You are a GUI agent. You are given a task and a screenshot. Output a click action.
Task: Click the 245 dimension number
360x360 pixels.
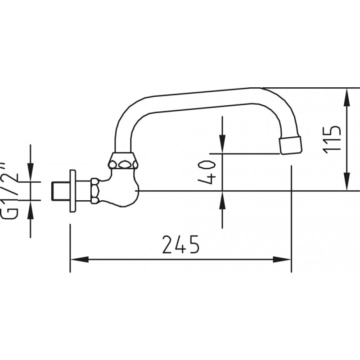181,244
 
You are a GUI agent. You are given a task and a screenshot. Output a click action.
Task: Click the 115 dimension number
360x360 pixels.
331,140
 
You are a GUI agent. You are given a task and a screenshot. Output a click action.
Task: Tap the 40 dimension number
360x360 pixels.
207,172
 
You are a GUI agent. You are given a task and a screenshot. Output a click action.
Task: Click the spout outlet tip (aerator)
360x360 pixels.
290,145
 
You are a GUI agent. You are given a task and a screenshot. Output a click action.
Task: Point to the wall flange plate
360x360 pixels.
72,191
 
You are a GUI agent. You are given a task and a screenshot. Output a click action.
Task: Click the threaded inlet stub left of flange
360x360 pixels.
60,191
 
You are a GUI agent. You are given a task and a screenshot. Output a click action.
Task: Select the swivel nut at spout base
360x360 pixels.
123,161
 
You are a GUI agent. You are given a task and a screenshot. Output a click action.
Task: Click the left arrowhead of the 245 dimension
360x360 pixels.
80,260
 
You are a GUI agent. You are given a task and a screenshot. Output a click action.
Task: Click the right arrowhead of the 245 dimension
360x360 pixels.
282,260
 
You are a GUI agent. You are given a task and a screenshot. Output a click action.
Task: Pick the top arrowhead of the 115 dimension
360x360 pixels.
347,97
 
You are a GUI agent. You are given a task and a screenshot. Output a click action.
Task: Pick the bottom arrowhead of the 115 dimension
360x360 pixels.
347,181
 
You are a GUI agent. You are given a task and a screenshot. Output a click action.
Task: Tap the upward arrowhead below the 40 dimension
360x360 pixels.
222,200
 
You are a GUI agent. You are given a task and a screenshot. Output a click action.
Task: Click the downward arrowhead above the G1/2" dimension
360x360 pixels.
31,172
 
